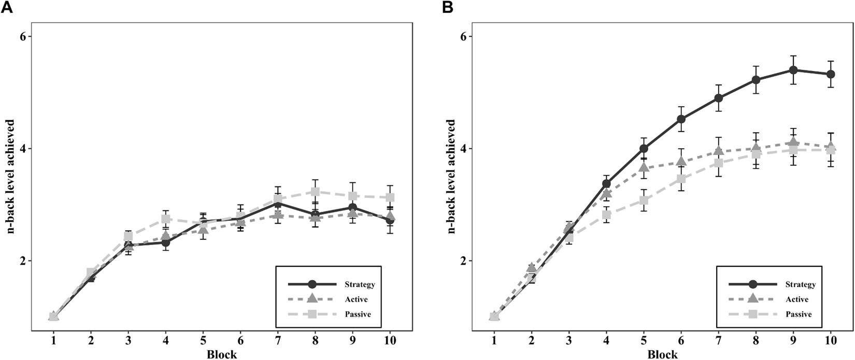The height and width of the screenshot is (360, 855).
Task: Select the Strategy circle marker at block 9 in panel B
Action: pyautogui.click(x=793, y=70)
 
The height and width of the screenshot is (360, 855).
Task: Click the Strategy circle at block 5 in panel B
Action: pyautogui.click(x=644, y=149)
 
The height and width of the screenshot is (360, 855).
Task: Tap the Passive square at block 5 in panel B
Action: pyautogui.click(x=644, y=200)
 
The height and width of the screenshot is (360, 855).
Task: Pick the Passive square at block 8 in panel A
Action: pyautogui.click(x=315, y=192)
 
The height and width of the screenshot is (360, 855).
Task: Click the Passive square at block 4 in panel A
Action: pyautogui.click(x=166, y=219)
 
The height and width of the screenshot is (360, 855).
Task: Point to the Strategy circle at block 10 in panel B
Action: pyautogui.click(x=831, y=74)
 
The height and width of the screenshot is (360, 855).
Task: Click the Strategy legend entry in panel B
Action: pyautogui.click(x=801, y=284)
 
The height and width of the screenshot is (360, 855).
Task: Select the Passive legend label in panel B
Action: pyautogui.click(x=799, y=314)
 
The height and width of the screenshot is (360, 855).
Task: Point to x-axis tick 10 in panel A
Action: pyautogui.click(x=390, y=340)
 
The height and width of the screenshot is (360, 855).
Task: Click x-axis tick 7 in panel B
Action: pyautogui.click(x=718, y=340)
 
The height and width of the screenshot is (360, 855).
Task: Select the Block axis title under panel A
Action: pyautogui.click(x=222, y=354)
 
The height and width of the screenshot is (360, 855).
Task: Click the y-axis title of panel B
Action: pyautogui.click(x=451, y=176)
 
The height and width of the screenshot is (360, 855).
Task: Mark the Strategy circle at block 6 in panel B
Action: pyautogui.click(x=681, y=120)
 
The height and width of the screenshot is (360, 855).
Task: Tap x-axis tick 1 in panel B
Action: pyautogui.click(x=494, y=340)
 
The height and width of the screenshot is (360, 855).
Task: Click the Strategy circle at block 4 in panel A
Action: pyautogui.click(x=166, y=242)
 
